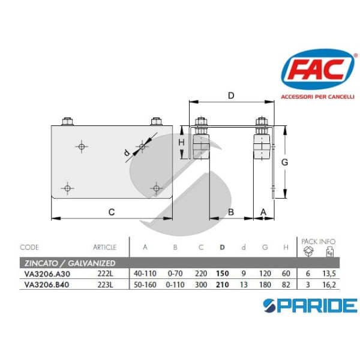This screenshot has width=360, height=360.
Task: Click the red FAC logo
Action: tap(318, 69)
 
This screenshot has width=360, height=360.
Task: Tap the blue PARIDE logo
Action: tap(310, 305)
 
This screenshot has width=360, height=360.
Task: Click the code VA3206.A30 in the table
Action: tap(47, 274)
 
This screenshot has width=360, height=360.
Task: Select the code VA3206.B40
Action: tap(47, 284)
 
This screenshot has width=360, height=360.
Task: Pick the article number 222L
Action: tap(106, 274)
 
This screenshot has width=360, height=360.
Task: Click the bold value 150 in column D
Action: tap(222, 274)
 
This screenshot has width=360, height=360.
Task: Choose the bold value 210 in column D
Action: tap(222, 284)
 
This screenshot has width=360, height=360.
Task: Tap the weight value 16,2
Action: tap(329, 284)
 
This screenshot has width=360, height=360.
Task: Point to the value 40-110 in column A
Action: tap(145, 274)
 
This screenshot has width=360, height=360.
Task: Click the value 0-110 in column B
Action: tap(175, 284)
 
